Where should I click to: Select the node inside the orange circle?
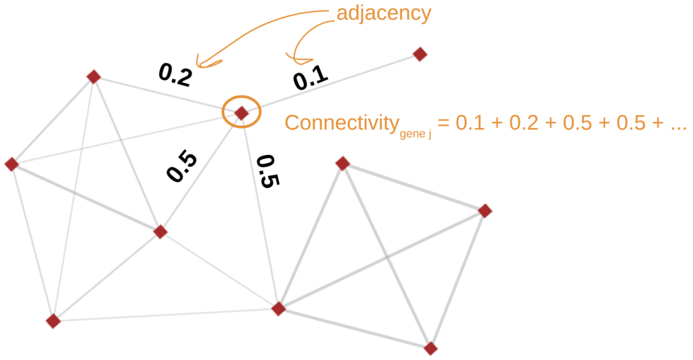[x=242, y=113]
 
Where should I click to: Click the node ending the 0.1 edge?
[x=420, y=53]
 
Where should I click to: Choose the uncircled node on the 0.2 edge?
[x=94, y=76]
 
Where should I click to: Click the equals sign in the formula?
[x=443, y=124]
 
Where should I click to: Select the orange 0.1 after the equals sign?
[x=469, y=124]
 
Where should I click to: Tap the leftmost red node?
[x=11, y=164]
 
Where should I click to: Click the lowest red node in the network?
[x=430, y=348]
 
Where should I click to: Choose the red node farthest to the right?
[x=485, y=210]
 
